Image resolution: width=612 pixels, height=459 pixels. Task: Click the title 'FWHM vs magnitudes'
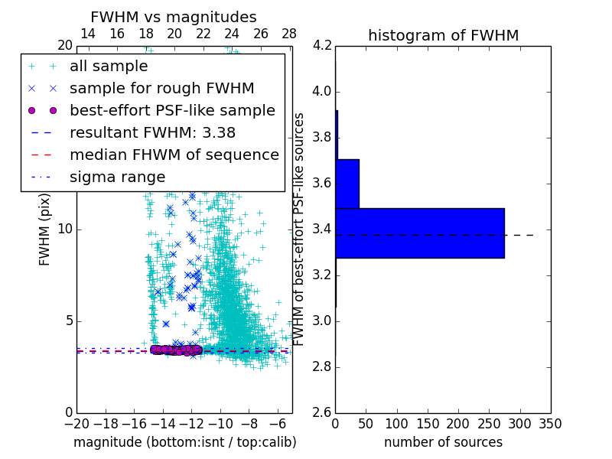tap(173, 17)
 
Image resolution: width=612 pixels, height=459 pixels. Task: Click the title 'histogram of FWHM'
tap(443, 35)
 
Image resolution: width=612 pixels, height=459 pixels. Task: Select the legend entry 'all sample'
tap(109, 67)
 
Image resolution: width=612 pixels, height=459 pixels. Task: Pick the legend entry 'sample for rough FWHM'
tap(161, 88)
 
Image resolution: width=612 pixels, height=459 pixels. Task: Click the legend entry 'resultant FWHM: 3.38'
tap(152, 132)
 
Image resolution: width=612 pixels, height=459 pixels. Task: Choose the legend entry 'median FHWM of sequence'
tap(174, 155)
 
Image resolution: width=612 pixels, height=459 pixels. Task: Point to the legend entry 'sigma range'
tap(117, 177)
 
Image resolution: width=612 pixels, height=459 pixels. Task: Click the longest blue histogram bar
tap(420, 233)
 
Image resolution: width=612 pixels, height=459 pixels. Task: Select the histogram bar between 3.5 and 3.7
tap(347, 184)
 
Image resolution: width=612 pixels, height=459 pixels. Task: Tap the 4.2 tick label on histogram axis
tap(322, 46)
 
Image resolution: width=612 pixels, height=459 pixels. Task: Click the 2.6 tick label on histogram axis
tap(322, 412)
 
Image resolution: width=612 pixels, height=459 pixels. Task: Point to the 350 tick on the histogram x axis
tap(550, 424)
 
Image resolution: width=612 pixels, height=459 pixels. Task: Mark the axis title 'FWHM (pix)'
tap(45, 230)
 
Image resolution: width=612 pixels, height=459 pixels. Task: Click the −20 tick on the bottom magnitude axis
tap(76, 424)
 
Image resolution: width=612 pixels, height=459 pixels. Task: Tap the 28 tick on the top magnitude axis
tap(289, 34)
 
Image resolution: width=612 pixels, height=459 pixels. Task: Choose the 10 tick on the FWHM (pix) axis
tap(64, 229)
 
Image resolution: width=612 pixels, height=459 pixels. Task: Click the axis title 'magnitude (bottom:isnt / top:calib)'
tap(184, 442)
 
